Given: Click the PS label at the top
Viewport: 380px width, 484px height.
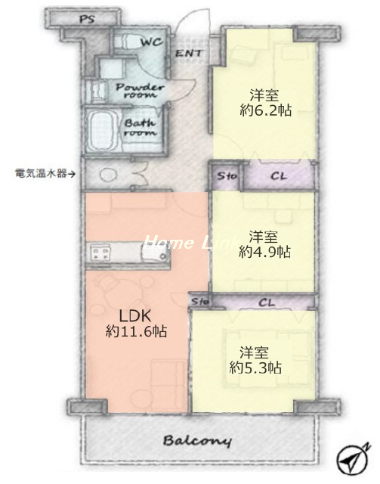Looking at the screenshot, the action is click(x=87, y=20).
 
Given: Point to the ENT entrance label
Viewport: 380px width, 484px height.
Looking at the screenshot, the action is click(x=189, y=54).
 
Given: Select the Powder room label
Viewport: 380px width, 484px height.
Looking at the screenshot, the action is click(x=140, y=91).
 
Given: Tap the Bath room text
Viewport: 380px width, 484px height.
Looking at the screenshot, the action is click(x=140, y=128).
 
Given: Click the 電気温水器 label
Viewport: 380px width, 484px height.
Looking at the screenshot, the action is click(x=41, y=174).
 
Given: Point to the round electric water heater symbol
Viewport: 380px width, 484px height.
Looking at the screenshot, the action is click(x=108, y=175).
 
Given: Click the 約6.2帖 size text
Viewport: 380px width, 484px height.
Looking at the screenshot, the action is click(x=266, y=110).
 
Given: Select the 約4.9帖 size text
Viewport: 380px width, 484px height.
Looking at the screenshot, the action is click(x=264, y=252).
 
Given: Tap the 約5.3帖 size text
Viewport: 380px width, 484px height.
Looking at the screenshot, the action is click(x=255, y=368).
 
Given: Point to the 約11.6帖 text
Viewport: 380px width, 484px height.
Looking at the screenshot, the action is click(x=136, y=331).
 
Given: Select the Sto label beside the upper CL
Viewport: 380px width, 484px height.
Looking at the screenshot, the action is click(x=227, y=176).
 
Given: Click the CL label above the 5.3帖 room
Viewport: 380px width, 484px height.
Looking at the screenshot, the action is click(x=267, y=302).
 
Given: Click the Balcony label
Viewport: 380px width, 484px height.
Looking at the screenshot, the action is click(x=197, y=441).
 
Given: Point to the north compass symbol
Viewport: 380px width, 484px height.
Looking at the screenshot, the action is click(x=353, y=461).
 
